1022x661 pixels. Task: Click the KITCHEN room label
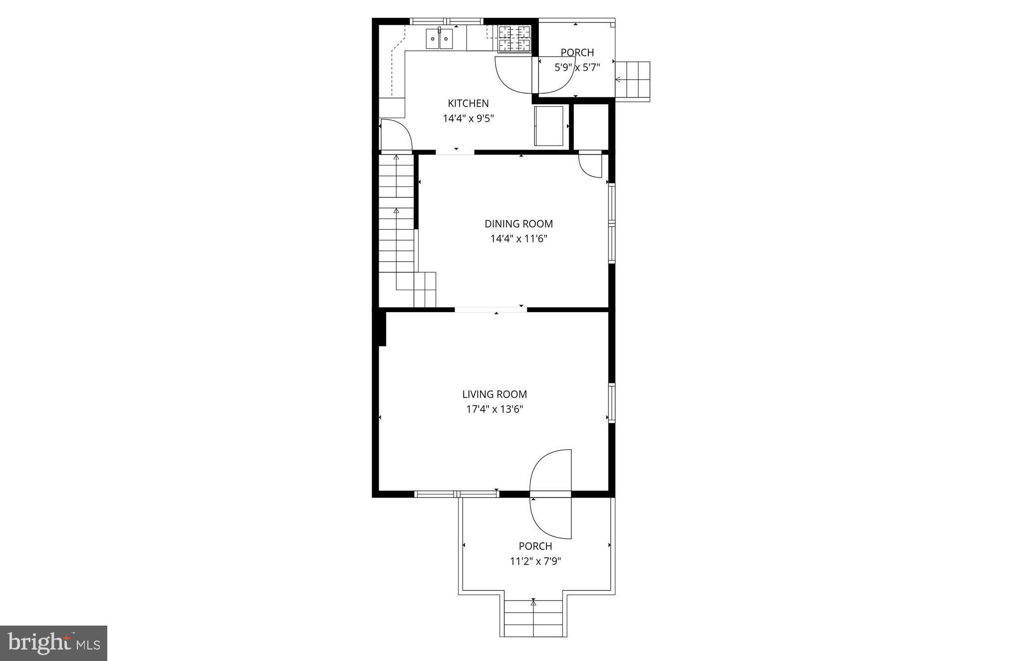[x=468, y=103]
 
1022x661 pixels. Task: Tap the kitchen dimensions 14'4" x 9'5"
[x=468, y=119]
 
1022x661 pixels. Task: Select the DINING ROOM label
[x=518, y=224]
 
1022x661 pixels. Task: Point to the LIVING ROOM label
[x=494, y=394]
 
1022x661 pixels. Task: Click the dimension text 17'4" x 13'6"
[x=494, y=409]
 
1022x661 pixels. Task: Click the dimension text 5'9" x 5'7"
[x=577, y=67]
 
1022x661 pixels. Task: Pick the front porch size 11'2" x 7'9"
[x=535, y=561]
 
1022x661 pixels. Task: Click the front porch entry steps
[x=533, y=618]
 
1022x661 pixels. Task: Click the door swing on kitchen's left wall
[x=395, y=135]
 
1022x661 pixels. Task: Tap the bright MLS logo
[x=53, y=643]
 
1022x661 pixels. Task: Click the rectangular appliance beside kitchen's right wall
[x=549, y=126]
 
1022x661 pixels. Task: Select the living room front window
[x=457, y=494]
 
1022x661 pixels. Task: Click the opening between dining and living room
[x=491, y=310]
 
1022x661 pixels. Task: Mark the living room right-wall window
[x=611, y=403]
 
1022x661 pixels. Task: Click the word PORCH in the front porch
[x=535, y=546]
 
